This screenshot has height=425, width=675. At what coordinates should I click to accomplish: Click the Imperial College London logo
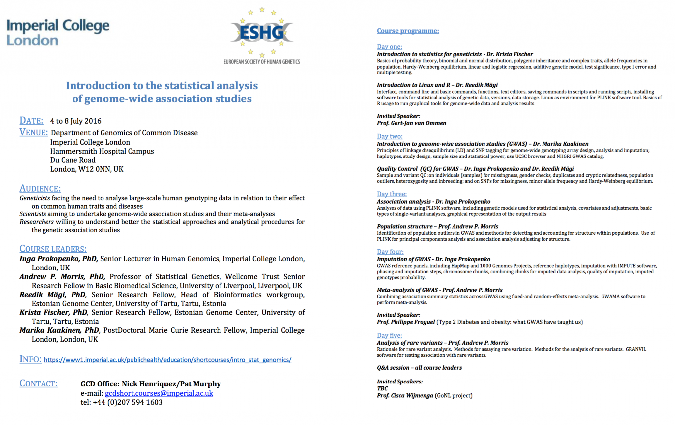(x=58, y=32)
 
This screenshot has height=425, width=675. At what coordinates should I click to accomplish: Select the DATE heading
(x=31, y=121)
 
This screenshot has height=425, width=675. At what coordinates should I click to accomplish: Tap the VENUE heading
(x=34, y=132)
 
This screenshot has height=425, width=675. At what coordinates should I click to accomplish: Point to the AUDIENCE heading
(x=40, y=188)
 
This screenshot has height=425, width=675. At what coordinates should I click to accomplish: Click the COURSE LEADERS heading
(x=53, y=249)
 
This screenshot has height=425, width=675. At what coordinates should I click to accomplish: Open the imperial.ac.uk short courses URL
(x=167, y=360)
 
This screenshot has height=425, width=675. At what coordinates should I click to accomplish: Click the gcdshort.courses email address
(x=159, y=393)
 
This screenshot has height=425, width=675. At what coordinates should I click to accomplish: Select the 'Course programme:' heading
(x=408, y=31)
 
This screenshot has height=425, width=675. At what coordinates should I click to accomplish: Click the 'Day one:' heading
(x=389, y=47)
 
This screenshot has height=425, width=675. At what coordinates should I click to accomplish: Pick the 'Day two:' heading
(x=390, y=136)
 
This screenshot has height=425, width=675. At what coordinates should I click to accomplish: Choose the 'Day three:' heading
(x=392, y=194)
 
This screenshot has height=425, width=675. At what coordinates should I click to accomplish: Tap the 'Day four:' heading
(x=390, y=252)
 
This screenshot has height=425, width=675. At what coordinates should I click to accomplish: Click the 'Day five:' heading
(x=389, y=335)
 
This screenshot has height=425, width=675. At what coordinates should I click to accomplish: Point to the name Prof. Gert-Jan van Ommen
(x=411, y=123)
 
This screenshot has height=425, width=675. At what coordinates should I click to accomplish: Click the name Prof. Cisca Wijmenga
(x=405, y=395)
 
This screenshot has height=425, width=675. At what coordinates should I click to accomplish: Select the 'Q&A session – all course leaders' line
(x=419, y=368)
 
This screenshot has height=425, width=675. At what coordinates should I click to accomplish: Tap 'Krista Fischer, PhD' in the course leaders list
(x=53, y=312)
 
